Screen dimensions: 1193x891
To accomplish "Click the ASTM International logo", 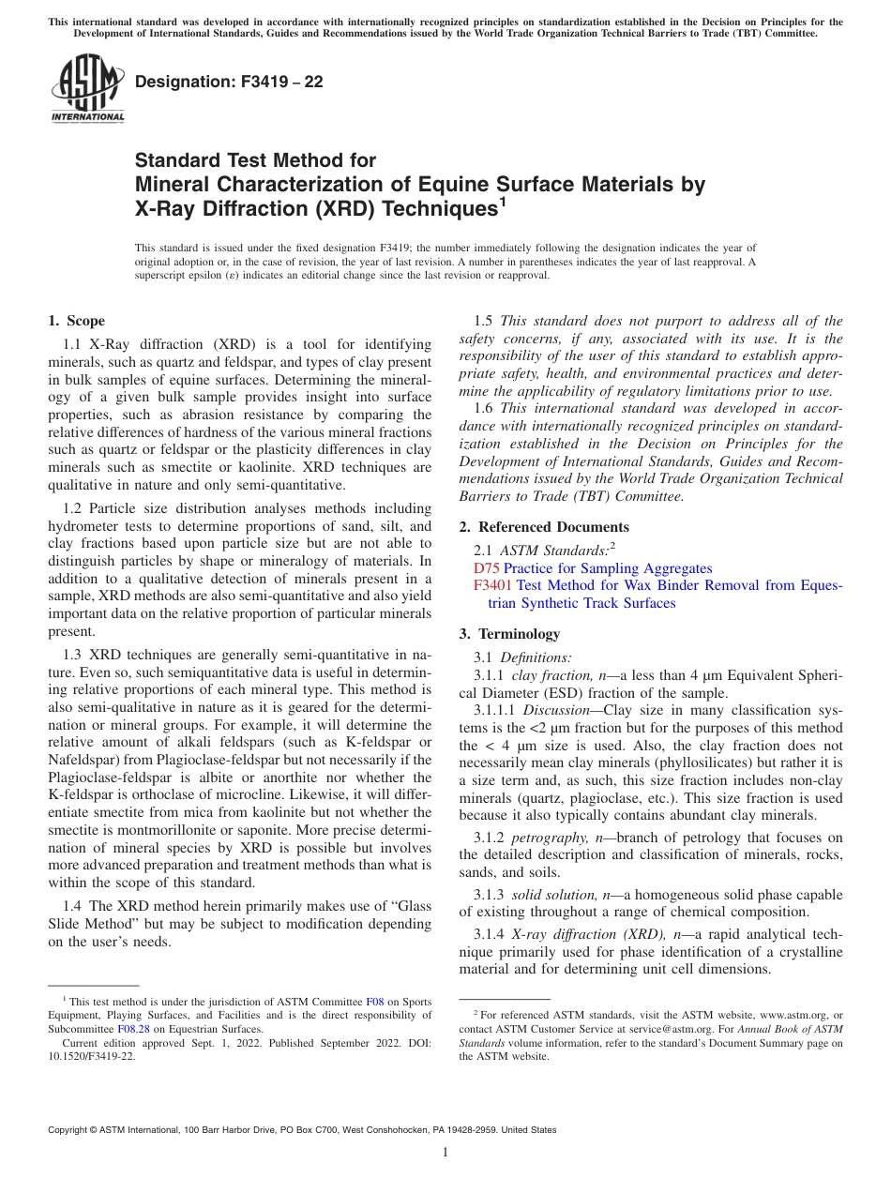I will [x=87, y=90].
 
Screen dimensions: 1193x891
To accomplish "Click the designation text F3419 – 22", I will [x=230, y=83].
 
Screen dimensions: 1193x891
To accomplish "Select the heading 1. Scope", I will [x=77, y=321].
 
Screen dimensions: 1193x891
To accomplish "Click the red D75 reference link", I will [x=487, y=568].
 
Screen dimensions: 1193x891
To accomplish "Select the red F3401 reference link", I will [x=493, y=586].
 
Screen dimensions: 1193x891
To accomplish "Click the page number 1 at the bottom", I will [x=445, y=1153].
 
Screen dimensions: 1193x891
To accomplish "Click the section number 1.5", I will [x=485, y=321].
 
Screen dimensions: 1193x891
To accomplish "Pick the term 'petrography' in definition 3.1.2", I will [x=546, y=838].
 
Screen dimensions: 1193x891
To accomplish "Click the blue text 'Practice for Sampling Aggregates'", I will [x=608, y=568].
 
